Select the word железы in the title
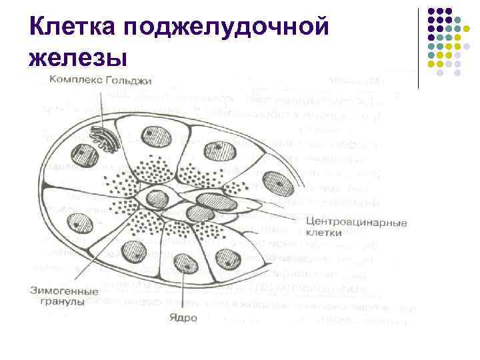tap(78, 57)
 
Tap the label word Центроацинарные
tap(356, 222)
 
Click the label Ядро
tap(183, 317)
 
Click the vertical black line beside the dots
tap(418, 47)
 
